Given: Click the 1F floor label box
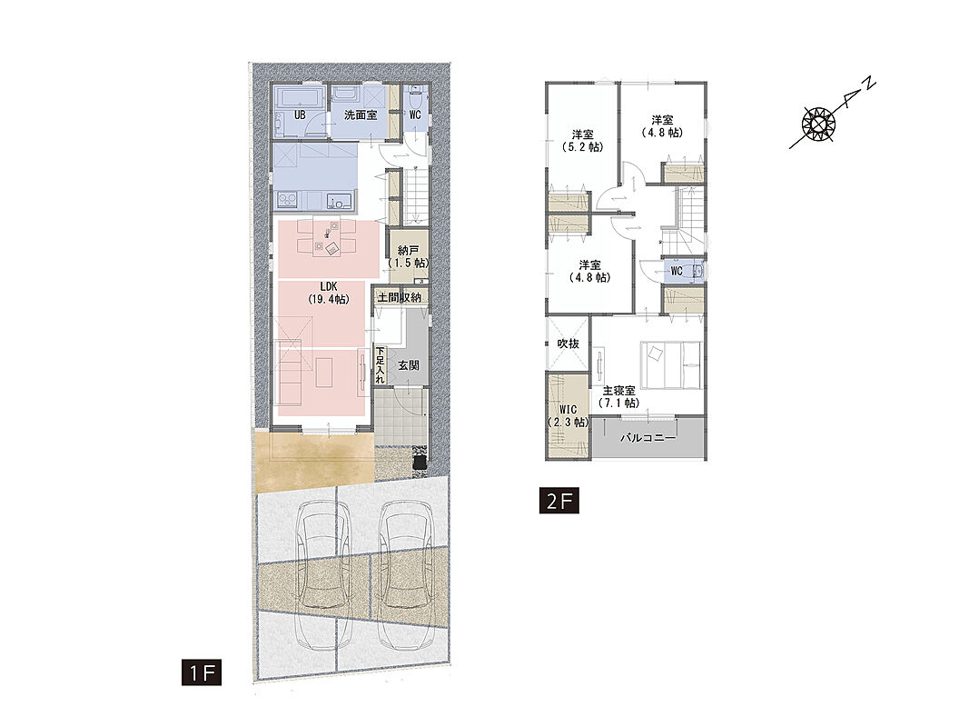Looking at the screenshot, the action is (202, 672).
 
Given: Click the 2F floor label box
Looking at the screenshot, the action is (559, 501).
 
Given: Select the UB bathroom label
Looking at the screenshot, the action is (300, 115).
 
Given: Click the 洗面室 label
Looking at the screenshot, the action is (361, 115).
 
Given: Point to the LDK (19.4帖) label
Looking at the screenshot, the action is (328, 293).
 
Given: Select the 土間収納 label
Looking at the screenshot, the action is (400, 297).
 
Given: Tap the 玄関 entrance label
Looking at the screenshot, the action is (409, 365).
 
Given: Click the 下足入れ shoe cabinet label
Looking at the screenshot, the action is (381, 366).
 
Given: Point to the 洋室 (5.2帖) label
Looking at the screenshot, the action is (583, 140).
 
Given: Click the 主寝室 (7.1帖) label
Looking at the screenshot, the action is (618, 397).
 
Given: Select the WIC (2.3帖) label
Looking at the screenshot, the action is (568, 416).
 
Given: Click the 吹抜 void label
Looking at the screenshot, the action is (568, 344).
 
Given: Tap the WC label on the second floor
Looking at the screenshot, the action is (677, 272).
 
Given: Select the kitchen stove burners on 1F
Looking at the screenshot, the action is (287, 200).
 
